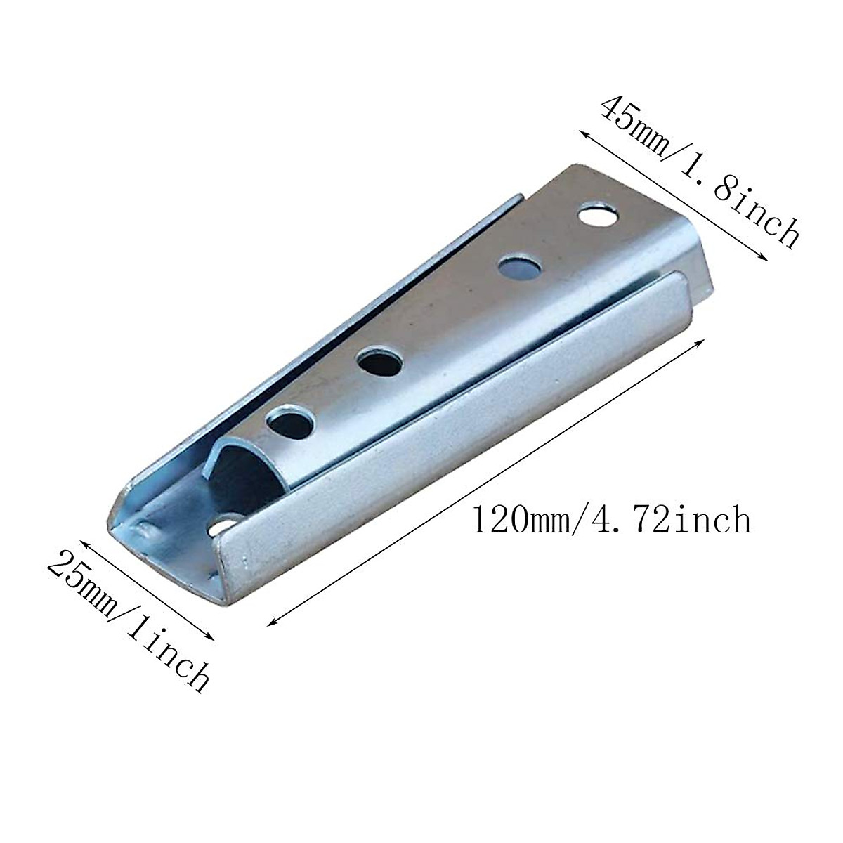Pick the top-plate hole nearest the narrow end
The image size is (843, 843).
[289, 422]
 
